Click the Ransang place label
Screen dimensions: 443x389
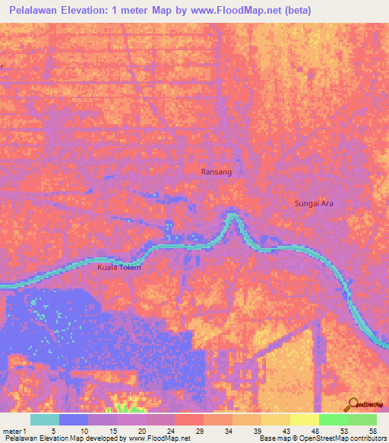(216, 172)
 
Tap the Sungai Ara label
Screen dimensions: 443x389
(314, 203)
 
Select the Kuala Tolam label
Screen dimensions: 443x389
(120, 268)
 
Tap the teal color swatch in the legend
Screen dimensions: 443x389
(45, 419)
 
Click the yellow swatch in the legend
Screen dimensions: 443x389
(304, 419)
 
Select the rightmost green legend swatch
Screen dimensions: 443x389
(362, 419)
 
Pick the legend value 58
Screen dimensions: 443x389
(372, 430)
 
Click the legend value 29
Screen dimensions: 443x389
(200, 430)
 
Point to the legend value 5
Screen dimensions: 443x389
(53, 430)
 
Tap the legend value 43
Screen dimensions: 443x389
(286, 430)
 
